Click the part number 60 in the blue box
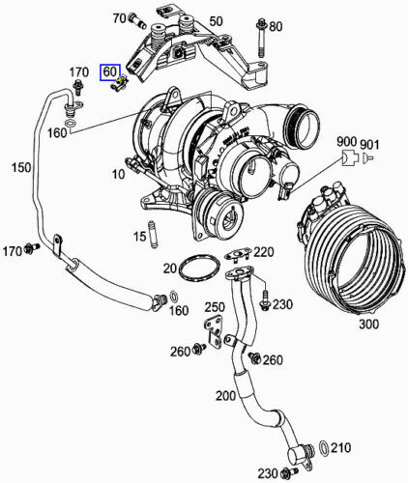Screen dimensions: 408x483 (109, 71)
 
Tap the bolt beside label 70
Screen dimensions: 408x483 (137, 19)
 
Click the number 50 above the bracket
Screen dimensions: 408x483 (216, 21)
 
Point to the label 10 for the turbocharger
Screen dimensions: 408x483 (118, 174)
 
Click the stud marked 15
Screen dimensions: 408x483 (153, 234)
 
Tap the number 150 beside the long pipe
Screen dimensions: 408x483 (21, 168)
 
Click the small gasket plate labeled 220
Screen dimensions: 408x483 (238, 254)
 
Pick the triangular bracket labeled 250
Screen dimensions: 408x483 (213, 331)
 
